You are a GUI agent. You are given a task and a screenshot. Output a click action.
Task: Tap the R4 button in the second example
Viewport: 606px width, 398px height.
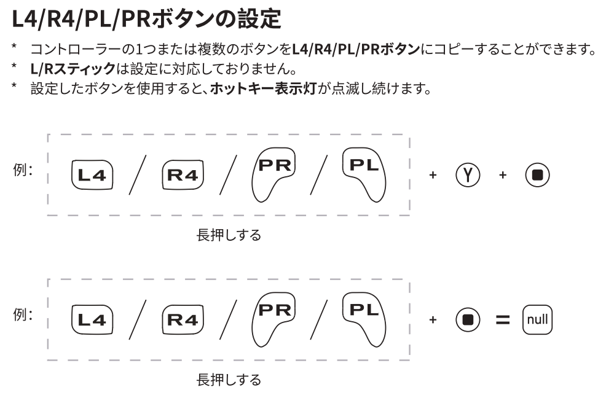183,319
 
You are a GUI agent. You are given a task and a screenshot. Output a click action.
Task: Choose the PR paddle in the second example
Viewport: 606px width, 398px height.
273,318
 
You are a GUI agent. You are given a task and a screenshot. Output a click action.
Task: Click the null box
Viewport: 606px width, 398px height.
538,319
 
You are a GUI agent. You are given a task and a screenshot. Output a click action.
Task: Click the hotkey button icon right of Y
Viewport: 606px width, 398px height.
537,176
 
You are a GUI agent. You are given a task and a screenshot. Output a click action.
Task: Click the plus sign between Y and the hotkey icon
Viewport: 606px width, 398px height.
503,176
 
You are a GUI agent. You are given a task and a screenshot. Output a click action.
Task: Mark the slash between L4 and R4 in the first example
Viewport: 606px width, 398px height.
136,176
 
